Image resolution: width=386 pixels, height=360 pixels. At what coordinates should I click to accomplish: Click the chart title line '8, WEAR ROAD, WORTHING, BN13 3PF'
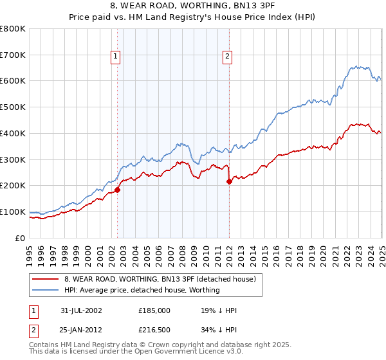pos(193,7)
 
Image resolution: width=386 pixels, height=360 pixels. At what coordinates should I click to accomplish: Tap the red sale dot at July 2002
pos(118,190)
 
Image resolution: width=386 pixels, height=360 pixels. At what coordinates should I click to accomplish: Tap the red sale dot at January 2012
pos(229,181)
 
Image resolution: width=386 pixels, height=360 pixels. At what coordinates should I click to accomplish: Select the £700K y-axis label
pos(13,55)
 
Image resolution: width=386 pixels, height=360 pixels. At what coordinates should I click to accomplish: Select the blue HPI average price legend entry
pos(142,290)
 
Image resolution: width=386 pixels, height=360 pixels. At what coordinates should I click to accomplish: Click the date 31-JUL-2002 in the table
pos(81,310)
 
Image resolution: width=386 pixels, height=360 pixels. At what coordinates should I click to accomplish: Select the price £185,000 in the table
pos(154,310)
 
